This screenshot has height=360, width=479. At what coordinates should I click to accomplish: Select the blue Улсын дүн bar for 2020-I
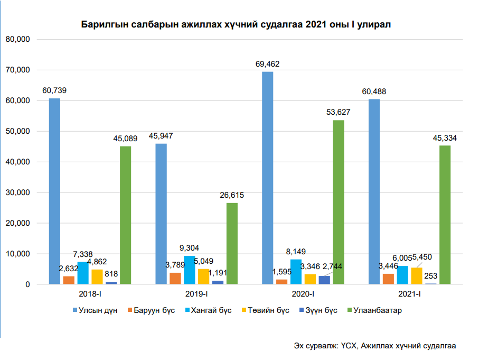(x=268, y=178)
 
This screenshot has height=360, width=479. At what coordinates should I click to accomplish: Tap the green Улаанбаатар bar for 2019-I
(x=232, y=244)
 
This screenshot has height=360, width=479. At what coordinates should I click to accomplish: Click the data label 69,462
(x=267, y=64)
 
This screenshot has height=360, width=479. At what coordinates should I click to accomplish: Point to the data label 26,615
(x=231, y=195)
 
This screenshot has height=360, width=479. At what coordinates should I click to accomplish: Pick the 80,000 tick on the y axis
(x=19, y=40)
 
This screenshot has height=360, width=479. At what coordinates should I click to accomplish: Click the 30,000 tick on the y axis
(x=19, y=193)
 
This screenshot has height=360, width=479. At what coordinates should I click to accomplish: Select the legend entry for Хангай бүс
(x=212, y=310)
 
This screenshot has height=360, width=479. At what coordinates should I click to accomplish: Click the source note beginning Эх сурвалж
(x=375, y=345)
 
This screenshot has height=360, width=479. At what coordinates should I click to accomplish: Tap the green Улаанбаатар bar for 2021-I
(x=445, y=215)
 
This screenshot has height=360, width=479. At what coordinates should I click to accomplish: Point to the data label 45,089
(x=125, y=139)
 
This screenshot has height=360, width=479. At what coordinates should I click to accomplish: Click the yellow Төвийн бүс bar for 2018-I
(x=97, y=277)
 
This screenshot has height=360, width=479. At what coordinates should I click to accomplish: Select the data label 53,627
(x=338, y=112)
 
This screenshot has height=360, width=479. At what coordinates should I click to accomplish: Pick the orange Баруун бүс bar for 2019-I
(x=175, y=279)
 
